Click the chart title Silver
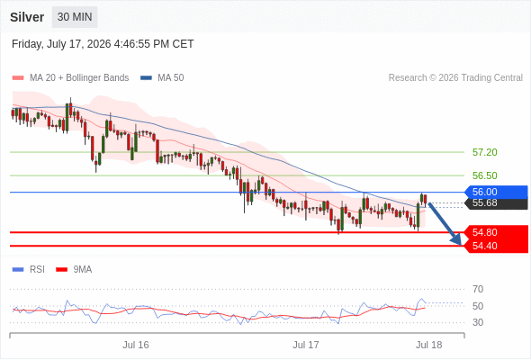pyautogui.click(x=27, y=17)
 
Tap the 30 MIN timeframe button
pyautogui.click(x=75, y=17)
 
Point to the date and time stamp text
pyautogui.click(x=103, y=44)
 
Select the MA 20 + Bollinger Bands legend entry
pyautogui.click(x=70, y=78)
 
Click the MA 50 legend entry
pyautogui.click(x=162, y=78)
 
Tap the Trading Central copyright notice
pyautogui.click(x=455, y=78)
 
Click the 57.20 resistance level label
pyautogui.click(x=484, y=152)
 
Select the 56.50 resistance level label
pyautogui.click(x=484, y=175)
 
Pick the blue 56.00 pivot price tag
pyautogui.click(x=496, y=192)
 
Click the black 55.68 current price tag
pyautogui.click(x=496, y=203)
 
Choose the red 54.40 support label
pyautogui.click(x=496, y=246)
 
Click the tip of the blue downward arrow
pyautogui.click(x=461, y=245)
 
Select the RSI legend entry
pyautogui.click(x=29, y=270)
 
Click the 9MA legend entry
pyautogui.click(x=74, y=270)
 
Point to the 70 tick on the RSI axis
pyautogui.click(x=478, y=289)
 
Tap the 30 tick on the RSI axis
pyautogui.click(x=478, y=322)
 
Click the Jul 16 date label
pyautogui.click(x=136, y=345)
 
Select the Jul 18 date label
pyautogui.click(x=428, y=345)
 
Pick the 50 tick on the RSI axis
pyautogui.click(x=478, y=306)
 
